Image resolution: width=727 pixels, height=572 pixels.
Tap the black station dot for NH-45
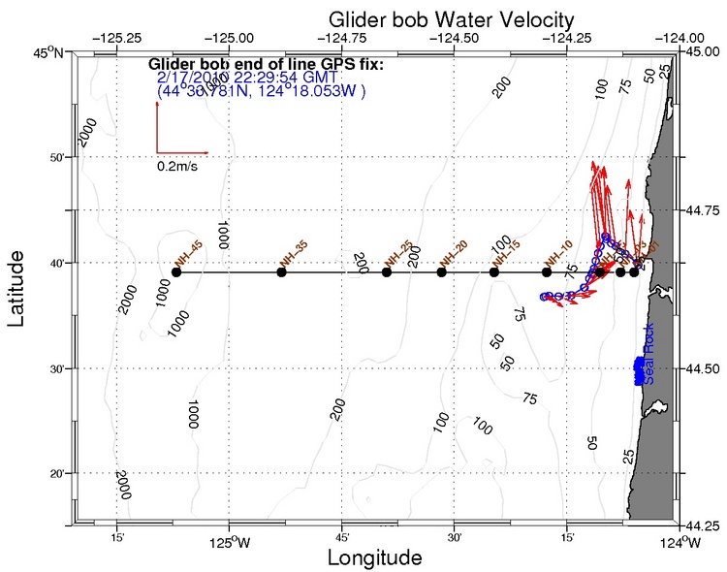[175, 272]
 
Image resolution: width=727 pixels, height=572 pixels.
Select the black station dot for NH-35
[281, 272]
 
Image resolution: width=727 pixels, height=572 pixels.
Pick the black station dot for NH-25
[387, 272]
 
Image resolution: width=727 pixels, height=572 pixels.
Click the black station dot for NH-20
[441, 272]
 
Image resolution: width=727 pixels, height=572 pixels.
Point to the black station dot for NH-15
[494, 272]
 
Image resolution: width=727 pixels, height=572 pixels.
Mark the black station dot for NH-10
[547, 272]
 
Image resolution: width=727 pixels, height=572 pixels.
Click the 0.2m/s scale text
[181, 167]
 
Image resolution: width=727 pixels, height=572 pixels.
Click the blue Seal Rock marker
[639, 371]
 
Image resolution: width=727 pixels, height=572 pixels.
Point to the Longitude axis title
[374, 558]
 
